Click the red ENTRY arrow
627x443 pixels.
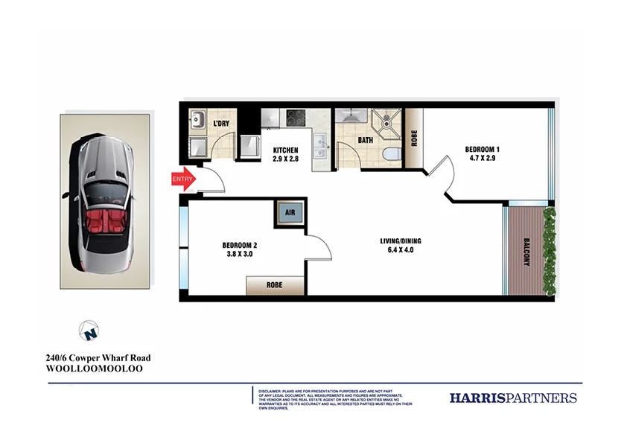pos(183,179)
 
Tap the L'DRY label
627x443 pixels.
pos(221,124)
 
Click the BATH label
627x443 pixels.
pos(365,139)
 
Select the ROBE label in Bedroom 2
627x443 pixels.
pos(275,285)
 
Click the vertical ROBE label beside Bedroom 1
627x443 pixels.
pos(414,138)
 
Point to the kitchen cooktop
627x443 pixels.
pos(296,117)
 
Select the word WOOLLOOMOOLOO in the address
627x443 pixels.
pos(94,369)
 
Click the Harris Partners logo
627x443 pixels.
pos(513,398)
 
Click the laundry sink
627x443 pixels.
pos(198,119)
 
